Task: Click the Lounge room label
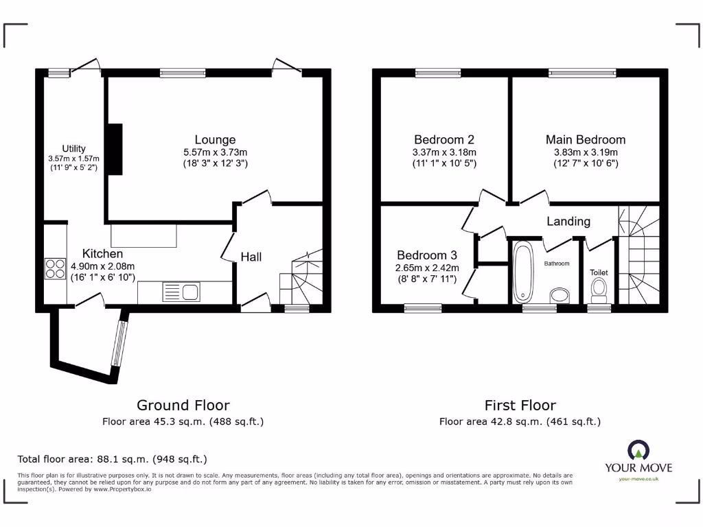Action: pyautogui.click(x=215, y=140)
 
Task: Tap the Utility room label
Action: pyautogui.click(x=74, y=149)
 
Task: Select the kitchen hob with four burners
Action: pyautogui.click(x=54, y=268)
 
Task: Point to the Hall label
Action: pyautogui.click(x=251, y=257)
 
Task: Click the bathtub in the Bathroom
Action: pyautogui.click(x=523, y=272)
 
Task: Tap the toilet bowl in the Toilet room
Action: pyautogui.click(x=599, y=288)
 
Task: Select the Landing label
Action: pyautogui.click(x=568, y=221)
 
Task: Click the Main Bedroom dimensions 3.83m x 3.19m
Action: pyautogui.click(x=586, y=152)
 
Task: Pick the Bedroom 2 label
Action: pyautogui.click(x=443, y=140)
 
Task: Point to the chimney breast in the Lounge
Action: pyautogui.click(x=115, y=149)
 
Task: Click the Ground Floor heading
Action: pyautogui.click(x=183, y=406)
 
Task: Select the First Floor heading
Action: pyautogui.click(x=520, y=406)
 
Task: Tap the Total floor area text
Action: pyautogui.click(x=112, y=459)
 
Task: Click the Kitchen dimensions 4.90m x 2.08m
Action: pyautogui.click(x=103, y=266)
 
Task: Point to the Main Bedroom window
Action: pyautogui.click(x=581, y=72)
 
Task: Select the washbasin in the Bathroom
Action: pyautogui.click(x=560, y=296)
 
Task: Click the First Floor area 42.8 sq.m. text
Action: pyautogui.click(x=520, y=421)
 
